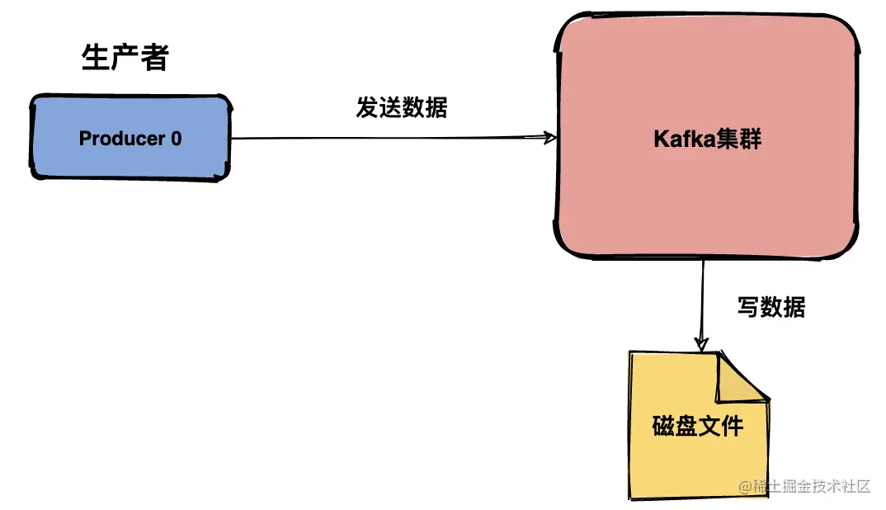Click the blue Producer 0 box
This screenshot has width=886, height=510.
pyautogui.click(x=130, y=138)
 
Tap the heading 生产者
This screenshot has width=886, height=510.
pyautogui.click(x=125, y=59)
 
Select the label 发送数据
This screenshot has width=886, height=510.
pyautogui.click(x=402, y=107)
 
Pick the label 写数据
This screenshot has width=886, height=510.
pyautogui.click(x=771, y=308)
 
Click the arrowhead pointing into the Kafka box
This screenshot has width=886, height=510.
pyautogui.click(x=550, y=138)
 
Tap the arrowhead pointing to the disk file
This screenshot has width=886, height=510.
pyautogui.click(x=702, y=343)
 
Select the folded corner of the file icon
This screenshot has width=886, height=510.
pyautogui.click(x=742, y=376)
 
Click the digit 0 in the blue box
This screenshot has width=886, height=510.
pyautogui.click(x=176, y=139)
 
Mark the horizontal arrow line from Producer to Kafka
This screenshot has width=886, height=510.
pyautogui.click(x=388, y=138)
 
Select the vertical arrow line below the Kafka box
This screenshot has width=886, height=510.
pyautogui.click(x=703, y=297)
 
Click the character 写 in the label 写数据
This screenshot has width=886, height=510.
pyautogui.click(x=747, y=308)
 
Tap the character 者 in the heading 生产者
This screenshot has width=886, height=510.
pyautogui.click(x=154, y=59)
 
